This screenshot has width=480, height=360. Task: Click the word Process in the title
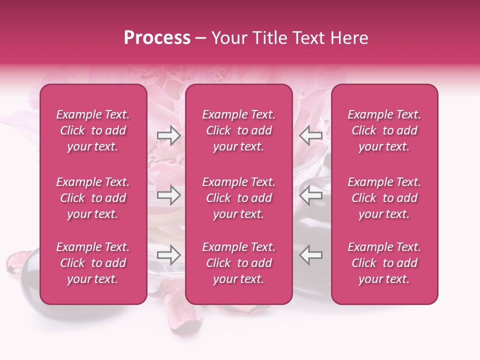tap(157, 38)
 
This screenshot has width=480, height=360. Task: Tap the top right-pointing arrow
tap(168, 135)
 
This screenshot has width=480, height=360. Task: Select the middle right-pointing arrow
tap(168, 194)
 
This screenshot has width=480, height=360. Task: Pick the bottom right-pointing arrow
tap(168, 255)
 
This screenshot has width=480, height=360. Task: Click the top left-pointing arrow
tap(310, 135)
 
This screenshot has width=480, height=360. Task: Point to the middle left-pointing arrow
tap(310, 194)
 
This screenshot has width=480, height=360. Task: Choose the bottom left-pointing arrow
tap(310, 255)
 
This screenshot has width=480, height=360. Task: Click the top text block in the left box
tap(93, 130)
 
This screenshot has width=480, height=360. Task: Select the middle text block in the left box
tap(93, 198)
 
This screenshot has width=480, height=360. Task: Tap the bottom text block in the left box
tap(93, 263)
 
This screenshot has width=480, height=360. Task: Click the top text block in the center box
tap(239, 130)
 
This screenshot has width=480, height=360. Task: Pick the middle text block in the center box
tap(239, 198)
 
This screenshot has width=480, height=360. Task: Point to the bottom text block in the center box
tap(239, 263)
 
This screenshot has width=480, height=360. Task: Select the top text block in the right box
tap(384, 130)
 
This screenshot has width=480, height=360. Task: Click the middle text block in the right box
tap(384, 198)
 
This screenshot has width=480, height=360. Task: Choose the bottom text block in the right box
tap(384, 263)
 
